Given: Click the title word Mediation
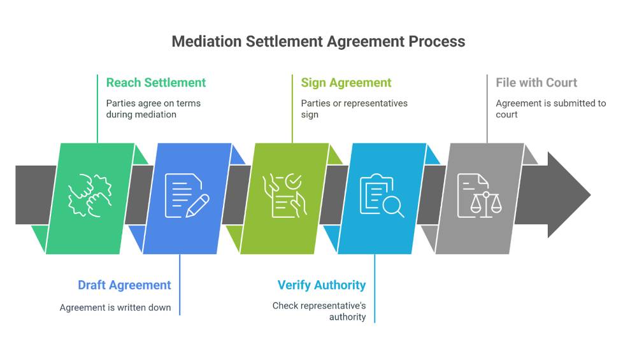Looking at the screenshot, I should [205, 42].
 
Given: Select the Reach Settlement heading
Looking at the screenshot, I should [156, 83].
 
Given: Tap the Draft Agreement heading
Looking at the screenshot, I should [124, 285].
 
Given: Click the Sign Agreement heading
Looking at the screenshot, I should [346, 83].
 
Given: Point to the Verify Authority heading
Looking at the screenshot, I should [322, 285].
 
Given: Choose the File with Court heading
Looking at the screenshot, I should [536, 83].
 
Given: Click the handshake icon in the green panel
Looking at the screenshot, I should [90, 196].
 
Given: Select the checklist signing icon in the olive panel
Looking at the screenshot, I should [285, 196].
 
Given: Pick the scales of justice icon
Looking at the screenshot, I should [480, 196].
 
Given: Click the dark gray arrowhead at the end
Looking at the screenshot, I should [567, 194].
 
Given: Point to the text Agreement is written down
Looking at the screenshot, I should [115, 308].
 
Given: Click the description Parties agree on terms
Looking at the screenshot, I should [154, 109].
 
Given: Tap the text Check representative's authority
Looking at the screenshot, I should [320, 311].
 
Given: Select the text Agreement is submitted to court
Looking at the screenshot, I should [550, 109].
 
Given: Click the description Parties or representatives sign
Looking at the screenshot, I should [354, 109].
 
